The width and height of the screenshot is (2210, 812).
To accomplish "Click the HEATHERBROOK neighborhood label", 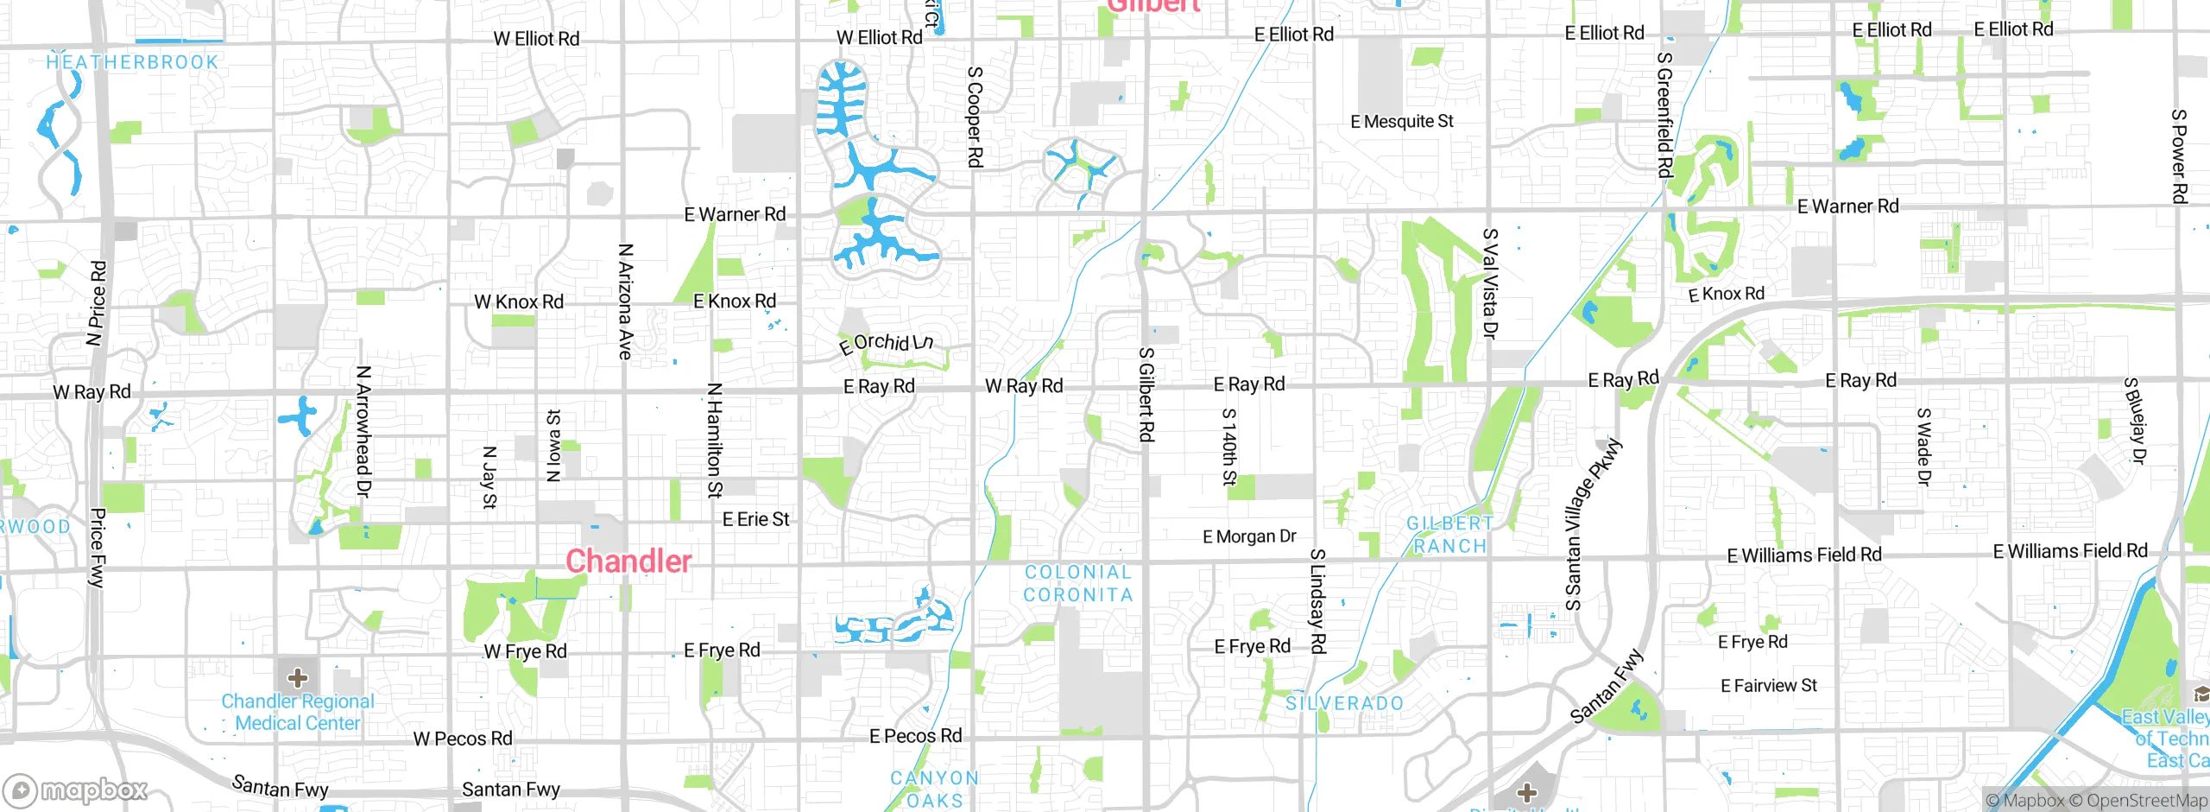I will tap(132, 62).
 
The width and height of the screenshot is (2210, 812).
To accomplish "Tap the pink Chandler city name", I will tap(628, 561).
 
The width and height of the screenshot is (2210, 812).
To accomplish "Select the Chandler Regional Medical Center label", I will tap(298, 713).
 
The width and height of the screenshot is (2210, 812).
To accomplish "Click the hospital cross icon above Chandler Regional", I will tap(298, 677).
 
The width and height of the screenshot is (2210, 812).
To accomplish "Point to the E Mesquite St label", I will tap(1402, 122).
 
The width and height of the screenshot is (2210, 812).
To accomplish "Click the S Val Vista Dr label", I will tap(1490, 283).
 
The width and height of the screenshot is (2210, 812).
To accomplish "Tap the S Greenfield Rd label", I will tap(1664, 115).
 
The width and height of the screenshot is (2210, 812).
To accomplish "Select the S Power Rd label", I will tap(2178, 156).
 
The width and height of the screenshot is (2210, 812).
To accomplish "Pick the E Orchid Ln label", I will tap(886, 344).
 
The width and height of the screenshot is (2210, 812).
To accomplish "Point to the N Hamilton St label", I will tap(715, 441).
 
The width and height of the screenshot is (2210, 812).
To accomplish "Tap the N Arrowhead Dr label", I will tap(363, 431).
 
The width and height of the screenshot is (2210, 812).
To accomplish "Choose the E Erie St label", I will tap(755, 519).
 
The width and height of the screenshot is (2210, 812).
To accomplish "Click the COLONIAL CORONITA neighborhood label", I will tap(1077, 583).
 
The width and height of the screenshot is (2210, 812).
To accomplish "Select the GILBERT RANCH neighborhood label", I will tap(1450, 535).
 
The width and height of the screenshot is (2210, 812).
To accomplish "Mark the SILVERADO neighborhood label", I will tap(1345, 703).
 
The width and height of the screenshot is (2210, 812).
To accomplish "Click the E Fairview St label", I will tap(1769, 686).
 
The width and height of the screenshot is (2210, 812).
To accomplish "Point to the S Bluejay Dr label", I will tap(2134, 421).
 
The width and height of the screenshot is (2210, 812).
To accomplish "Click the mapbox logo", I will tap(75, 790).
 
